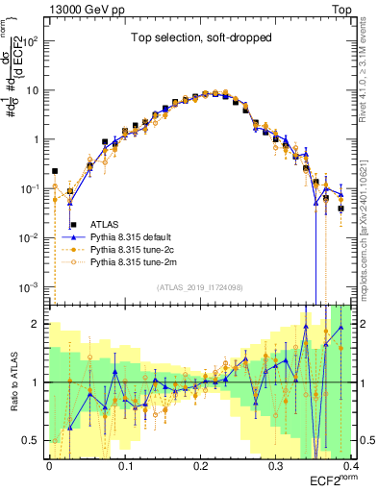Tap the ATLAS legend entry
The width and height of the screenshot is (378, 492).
point(104,224)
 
